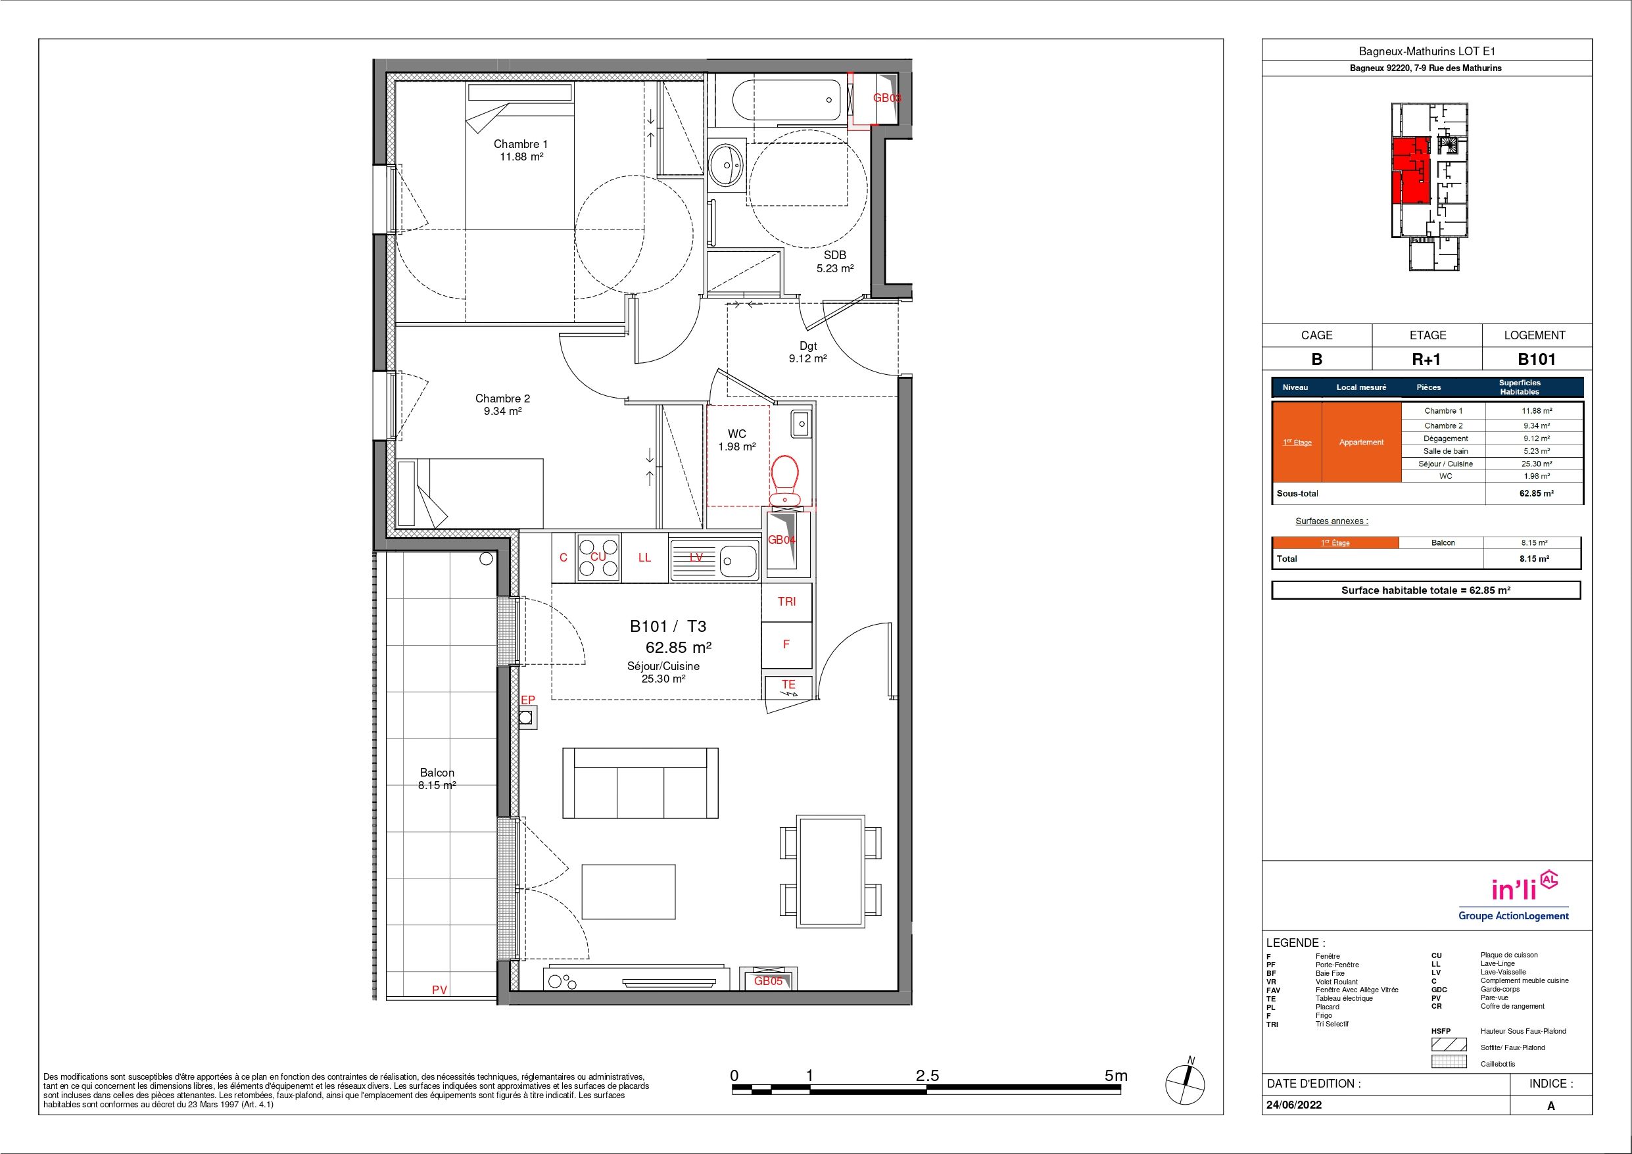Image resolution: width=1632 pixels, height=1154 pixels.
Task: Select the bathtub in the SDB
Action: pos(786,101)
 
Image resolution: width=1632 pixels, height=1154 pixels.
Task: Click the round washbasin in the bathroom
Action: pos(726,165)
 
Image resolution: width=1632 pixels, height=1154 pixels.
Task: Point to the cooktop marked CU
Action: pos(598,557)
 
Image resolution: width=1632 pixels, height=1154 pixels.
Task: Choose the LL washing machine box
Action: pos(644,558)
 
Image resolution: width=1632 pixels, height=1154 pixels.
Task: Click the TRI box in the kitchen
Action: pos(787,602)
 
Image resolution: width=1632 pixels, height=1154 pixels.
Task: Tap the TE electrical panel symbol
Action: pos(788,687)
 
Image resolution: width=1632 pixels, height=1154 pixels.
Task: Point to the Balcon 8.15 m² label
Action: pos(437,779)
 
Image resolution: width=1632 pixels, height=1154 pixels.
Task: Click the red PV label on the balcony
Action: pos(439,989)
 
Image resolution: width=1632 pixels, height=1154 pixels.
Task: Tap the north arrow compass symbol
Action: pos(1186,1084)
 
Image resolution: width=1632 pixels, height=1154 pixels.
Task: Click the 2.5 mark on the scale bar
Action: pos(928,1075)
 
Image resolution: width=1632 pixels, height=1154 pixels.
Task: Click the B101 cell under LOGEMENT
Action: pos(1537,359)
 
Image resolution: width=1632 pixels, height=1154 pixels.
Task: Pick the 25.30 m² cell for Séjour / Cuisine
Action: pos(1536,464)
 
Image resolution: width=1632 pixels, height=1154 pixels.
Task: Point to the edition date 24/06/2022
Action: pos(1295,1105)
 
